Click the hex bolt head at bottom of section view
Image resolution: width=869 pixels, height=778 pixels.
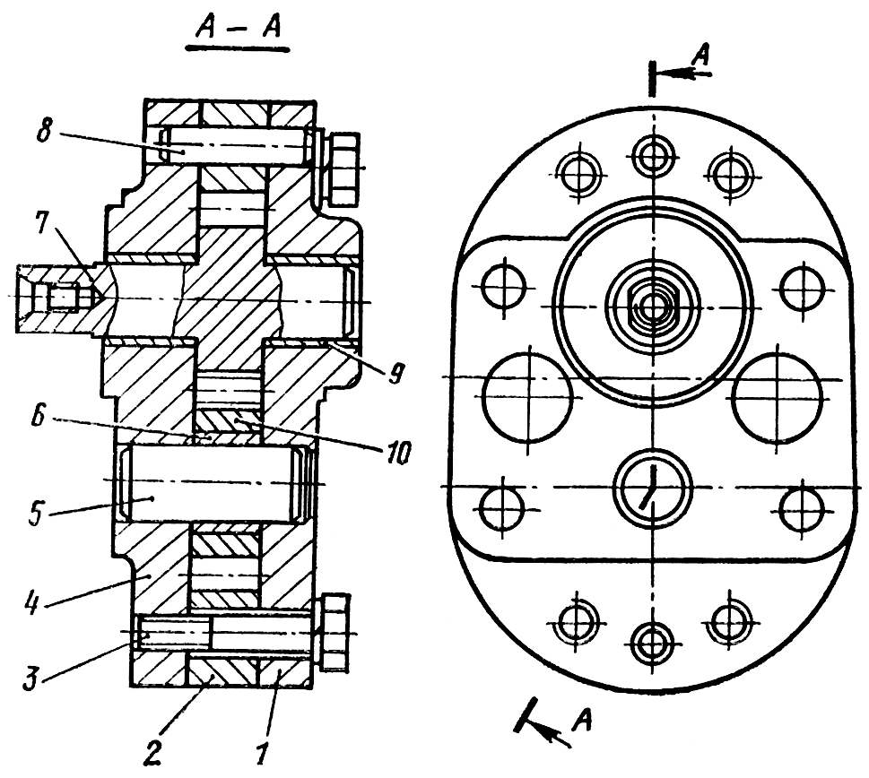tap(333, 632)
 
